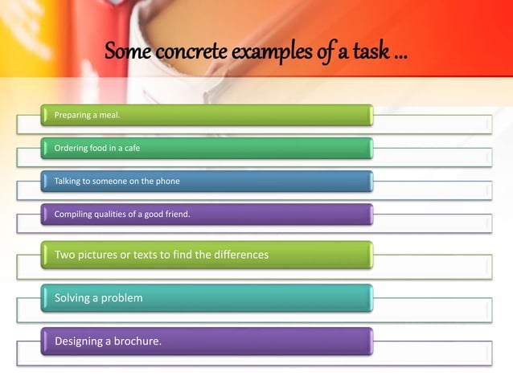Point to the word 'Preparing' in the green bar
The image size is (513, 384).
click(x=72, y=116)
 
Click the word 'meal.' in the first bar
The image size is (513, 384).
click(x=108, y=116)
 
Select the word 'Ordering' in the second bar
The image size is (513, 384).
click(x=71, y=149)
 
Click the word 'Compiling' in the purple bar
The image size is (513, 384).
click(x=73, y=214)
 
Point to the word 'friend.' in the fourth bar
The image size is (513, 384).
click(x=177, y=214)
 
